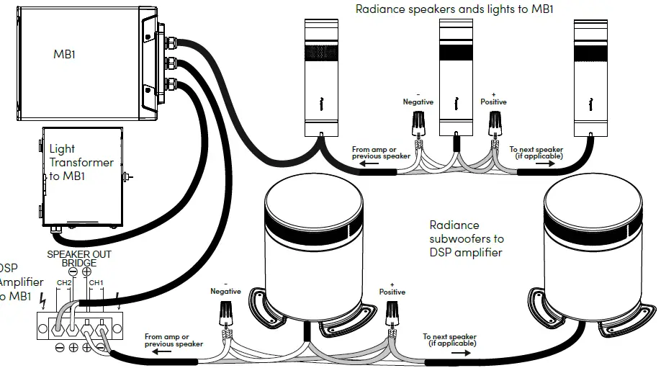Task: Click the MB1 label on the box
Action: coord(64,54)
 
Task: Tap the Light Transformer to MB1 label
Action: coord(81,162)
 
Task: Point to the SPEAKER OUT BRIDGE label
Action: coord(79,259)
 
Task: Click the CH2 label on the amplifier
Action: coord(65,282)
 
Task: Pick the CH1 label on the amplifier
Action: coord(96,282)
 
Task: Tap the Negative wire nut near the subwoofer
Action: coord(227,313)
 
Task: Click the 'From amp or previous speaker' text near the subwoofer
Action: coord(173,340)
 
